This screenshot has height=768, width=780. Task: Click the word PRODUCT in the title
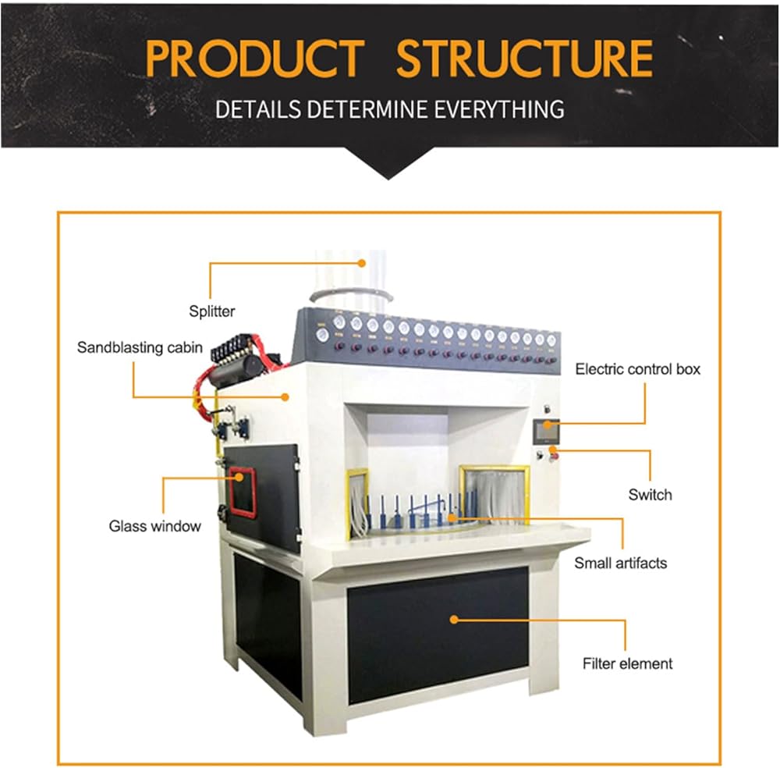pos(255,59)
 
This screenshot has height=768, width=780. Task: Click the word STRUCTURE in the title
pos(525,59)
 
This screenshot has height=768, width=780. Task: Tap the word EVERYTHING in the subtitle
pos(499,109)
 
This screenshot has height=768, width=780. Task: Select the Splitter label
pos(212,311)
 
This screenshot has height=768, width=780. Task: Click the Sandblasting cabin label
pos(140,347)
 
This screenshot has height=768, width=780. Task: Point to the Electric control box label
pos(638,369)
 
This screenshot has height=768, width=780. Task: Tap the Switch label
pos(650,495)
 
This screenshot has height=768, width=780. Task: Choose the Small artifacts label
pos(620,563)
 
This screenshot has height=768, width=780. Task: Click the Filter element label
pos(627,663)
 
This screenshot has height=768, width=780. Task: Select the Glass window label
pos(154,526)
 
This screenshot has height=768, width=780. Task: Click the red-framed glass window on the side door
pos(243,492)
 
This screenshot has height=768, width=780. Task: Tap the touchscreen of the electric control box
pos(546,432)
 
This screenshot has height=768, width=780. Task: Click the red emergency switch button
pos(554,456)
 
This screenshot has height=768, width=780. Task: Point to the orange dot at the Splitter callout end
pos(362,263)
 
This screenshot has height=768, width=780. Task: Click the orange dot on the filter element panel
pos(454,620)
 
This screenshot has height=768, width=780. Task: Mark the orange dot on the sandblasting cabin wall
pos(285,396)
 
